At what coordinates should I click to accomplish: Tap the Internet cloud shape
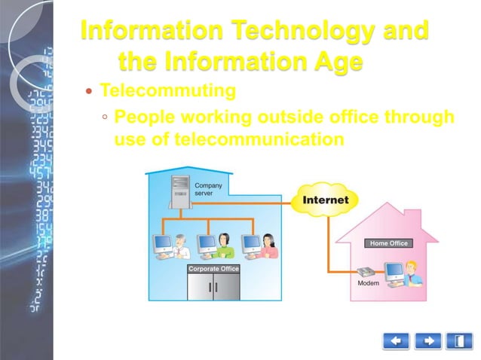(325, 200)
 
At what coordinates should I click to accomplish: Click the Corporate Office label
(213, 268)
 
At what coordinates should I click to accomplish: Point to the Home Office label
(388, 243)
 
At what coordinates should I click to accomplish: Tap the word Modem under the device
(368, 284)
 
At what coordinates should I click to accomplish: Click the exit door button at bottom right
(459, 341)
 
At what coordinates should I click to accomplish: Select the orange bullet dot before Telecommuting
(90, 92)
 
